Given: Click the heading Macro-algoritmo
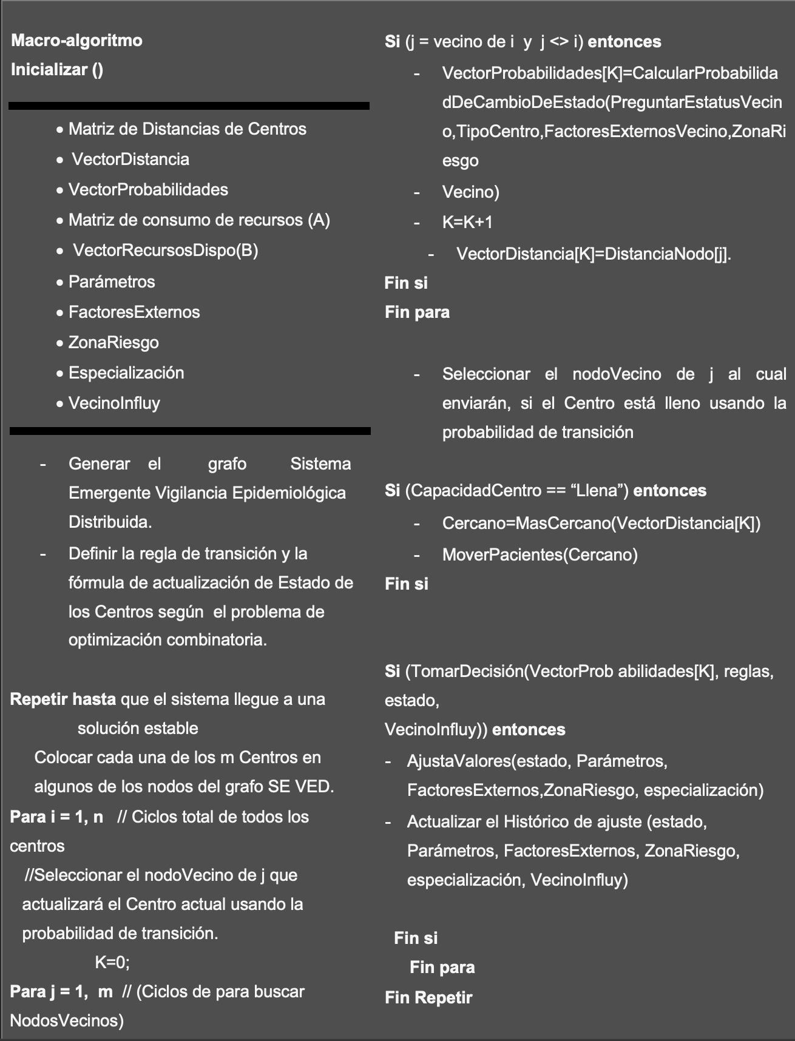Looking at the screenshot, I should coord(76,41).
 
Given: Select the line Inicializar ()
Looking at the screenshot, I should coord(57,70).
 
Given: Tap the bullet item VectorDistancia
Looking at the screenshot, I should coord(130,160).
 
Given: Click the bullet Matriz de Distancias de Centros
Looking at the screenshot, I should coord(187,129).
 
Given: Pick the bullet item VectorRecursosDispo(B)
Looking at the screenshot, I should coord(165,251).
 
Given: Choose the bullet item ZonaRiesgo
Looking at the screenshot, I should coord(113,343).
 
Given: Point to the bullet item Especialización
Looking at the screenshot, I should coord(126,373).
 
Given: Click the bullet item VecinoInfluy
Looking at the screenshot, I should coord(114,403).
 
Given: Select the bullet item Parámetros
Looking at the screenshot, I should coord(112,282).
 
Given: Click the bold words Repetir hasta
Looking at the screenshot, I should coord(63,699).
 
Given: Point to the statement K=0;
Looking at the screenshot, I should coord(112,963).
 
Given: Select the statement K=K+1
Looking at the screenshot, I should coord(467,223).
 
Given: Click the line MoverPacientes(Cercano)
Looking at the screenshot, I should coord(540,555).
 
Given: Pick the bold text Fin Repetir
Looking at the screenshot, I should coord(428,998).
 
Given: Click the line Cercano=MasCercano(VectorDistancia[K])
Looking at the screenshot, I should coord(601,524).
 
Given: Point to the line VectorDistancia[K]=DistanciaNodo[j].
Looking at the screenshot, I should coord(594,254).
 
